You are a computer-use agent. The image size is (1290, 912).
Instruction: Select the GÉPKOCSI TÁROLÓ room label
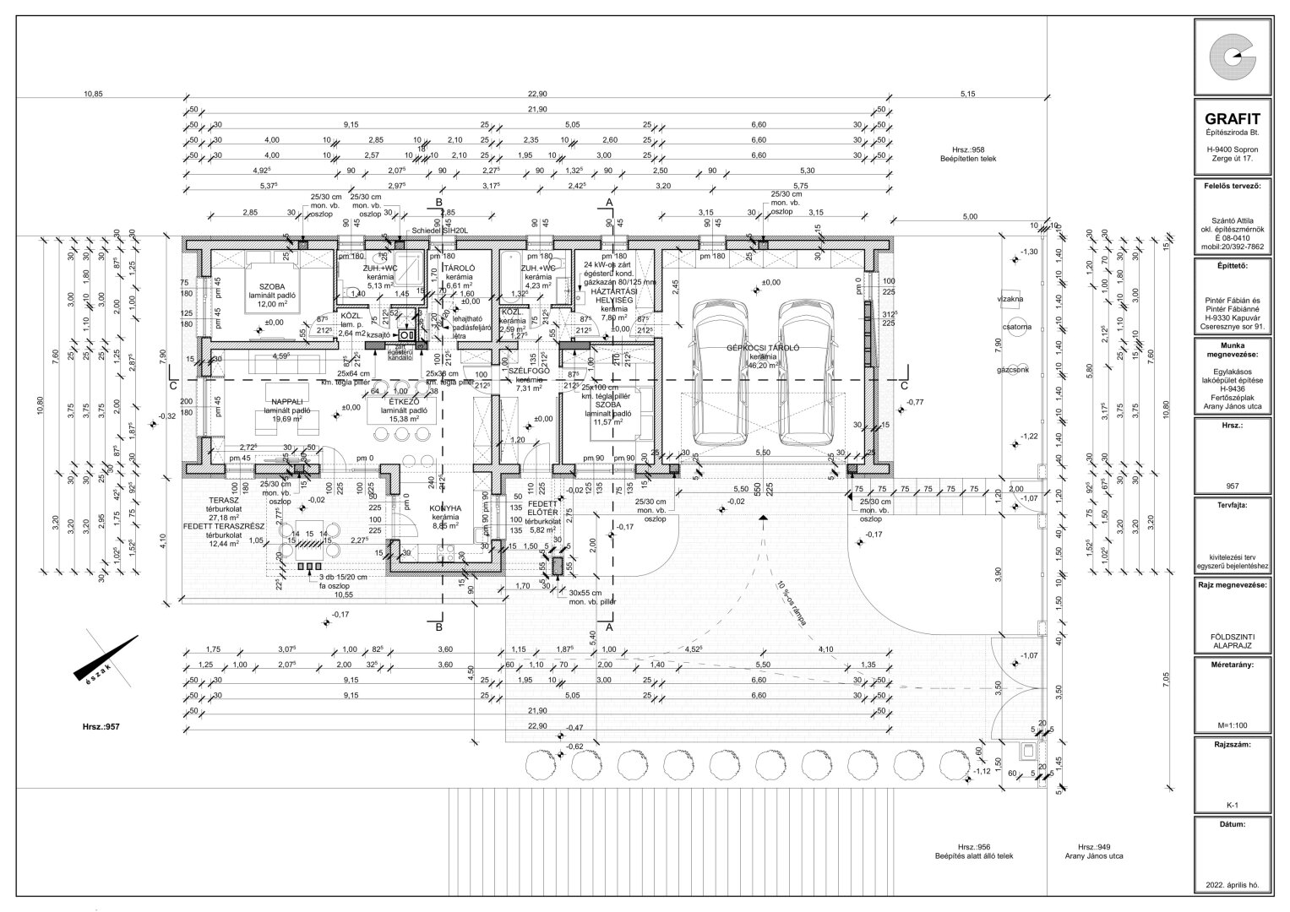coord(762,348)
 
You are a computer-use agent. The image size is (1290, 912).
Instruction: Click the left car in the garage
coord(720,372)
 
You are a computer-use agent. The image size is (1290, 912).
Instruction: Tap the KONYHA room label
coord(445,509)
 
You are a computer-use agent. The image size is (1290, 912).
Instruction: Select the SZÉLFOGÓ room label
coord(530,371)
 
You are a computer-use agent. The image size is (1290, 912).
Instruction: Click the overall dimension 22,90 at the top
coord(537,95)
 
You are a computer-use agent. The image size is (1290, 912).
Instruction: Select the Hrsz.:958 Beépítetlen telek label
coord(968,154)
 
